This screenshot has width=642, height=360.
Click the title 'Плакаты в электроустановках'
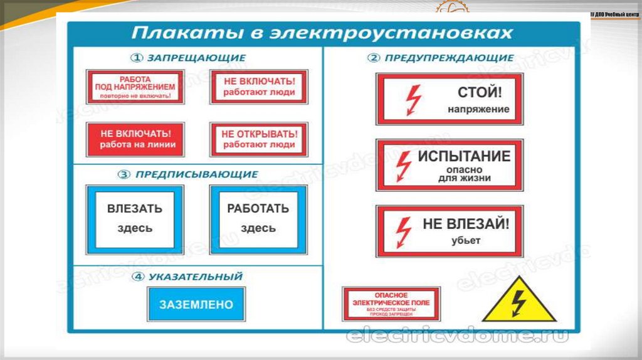[x=322, y=33]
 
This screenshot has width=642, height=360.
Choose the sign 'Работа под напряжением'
[x=135, y=87]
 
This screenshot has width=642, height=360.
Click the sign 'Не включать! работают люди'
[x=258, y=87]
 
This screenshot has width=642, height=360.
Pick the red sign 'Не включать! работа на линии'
[x=135, y=139]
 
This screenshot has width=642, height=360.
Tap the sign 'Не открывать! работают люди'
[x=258, y=139]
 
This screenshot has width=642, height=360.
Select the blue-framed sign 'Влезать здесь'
[x=134, y=219]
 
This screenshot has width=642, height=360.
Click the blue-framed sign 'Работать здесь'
[x=258, y=219]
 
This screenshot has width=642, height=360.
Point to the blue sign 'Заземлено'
[x=196, y=305]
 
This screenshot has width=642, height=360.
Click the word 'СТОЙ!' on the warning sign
[x=479, y=93]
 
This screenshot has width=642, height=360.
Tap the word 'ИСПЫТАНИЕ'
[x=465, y=156]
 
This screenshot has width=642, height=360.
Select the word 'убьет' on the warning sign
[x=465, y=240]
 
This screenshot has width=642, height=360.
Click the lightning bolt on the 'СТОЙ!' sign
[x=413, y=99]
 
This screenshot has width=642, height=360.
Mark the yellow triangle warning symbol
[x=518, y=301]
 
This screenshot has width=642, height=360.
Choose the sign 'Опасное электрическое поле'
[x=391, y=304]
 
